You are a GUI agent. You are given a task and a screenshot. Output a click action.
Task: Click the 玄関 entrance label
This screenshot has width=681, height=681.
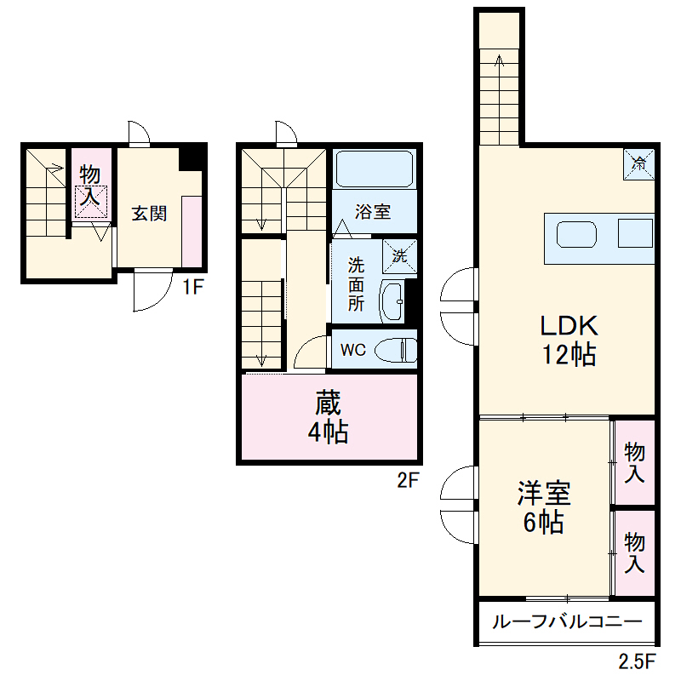(x=149, y=214)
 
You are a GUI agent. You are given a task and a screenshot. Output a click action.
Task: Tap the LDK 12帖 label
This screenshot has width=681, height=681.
(x=569, y=340)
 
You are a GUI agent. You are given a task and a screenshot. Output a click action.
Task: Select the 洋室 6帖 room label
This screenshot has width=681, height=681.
(x=544, y=506)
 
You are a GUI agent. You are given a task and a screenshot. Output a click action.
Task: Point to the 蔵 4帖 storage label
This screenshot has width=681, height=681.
(x=328, y=417)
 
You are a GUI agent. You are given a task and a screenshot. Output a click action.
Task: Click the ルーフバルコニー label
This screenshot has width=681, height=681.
(x=567, y=622)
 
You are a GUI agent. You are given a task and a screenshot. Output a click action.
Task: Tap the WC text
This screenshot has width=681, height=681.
(x=353, y=350)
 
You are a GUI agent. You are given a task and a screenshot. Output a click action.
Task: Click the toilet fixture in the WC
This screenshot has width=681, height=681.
(x=395, y=350)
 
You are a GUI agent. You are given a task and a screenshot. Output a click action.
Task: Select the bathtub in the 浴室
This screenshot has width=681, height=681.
(x=374, y=169)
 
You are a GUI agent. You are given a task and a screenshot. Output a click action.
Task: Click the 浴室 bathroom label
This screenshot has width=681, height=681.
(x=373, y=212)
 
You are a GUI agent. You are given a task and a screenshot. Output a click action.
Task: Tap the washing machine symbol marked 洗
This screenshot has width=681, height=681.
(x=399, y=256)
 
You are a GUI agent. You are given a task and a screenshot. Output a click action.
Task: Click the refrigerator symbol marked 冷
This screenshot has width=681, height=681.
(x=639, y=164)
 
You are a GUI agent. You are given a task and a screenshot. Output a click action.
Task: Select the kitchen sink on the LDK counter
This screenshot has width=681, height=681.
(x=576, y=235)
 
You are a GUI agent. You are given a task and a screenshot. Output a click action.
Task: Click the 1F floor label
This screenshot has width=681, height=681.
(x=192, y=287)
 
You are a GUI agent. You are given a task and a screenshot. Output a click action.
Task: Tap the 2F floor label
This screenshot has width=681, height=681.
(x=408, y=480)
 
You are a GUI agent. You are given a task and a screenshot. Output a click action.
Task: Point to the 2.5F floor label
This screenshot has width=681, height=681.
(x=637, y=661)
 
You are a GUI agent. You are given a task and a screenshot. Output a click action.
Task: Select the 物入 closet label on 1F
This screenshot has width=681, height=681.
(x=90, y=186)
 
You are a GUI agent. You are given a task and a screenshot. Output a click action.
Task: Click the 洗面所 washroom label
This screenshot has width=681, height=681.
(x=356, y=283)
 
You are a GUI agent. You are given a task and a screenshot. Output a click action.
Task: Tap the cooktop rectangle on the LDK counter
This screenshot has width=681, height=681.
(x=635, y=233)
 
